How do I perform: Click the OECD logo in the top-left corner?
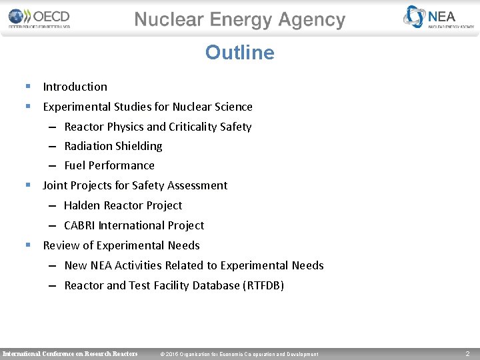[x=39, y=18]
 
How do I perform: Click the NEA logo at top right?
[x=439, y=17]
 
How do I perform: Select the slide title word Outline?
[x=239, y=53]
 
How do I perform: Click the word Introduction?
[x=75, y=87]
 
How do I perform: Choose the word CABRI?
[x=80, y=225]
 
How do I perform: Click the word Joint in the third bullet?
[x=55, y=185]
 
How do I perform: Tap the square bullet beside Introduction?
[x=27, y=86]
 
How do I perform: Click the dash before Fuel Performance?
[x=52, y=166]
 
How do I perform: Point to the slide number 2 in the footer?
[x=467, y=353]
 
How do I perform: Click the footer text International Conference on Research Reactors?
[x=70, y=353]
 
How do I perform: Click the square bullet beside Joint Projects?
[x=27, y=185]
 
